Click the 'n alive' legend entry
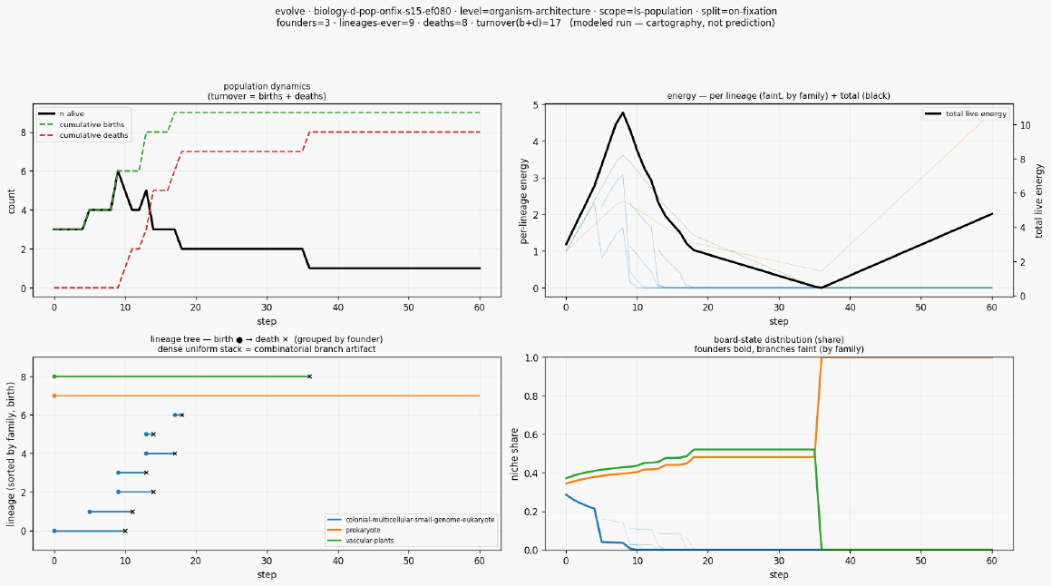coord(61,114)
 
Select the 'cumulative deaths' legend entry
coord(83,135)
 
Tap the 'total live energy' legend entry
coord(965,114)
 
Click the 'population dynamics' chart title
coord(267,86)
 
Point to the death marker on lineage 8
coord(309,376)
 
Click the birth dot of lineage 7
coord(54,396)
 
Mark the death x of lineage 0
coord(125,531)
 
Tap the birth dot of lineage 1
coord(90,512)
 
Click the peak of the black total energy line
coord(623,112)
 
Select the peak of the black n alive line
coord(118,171)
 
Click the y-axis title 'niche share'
coord(515,454)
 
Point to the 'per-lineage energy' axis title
coord(523,201)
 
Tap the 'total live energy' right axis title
coord(1039,200)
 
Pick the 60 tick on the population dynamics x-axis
coord(479,308)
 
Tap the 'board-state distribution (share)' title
coord(779,340)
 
